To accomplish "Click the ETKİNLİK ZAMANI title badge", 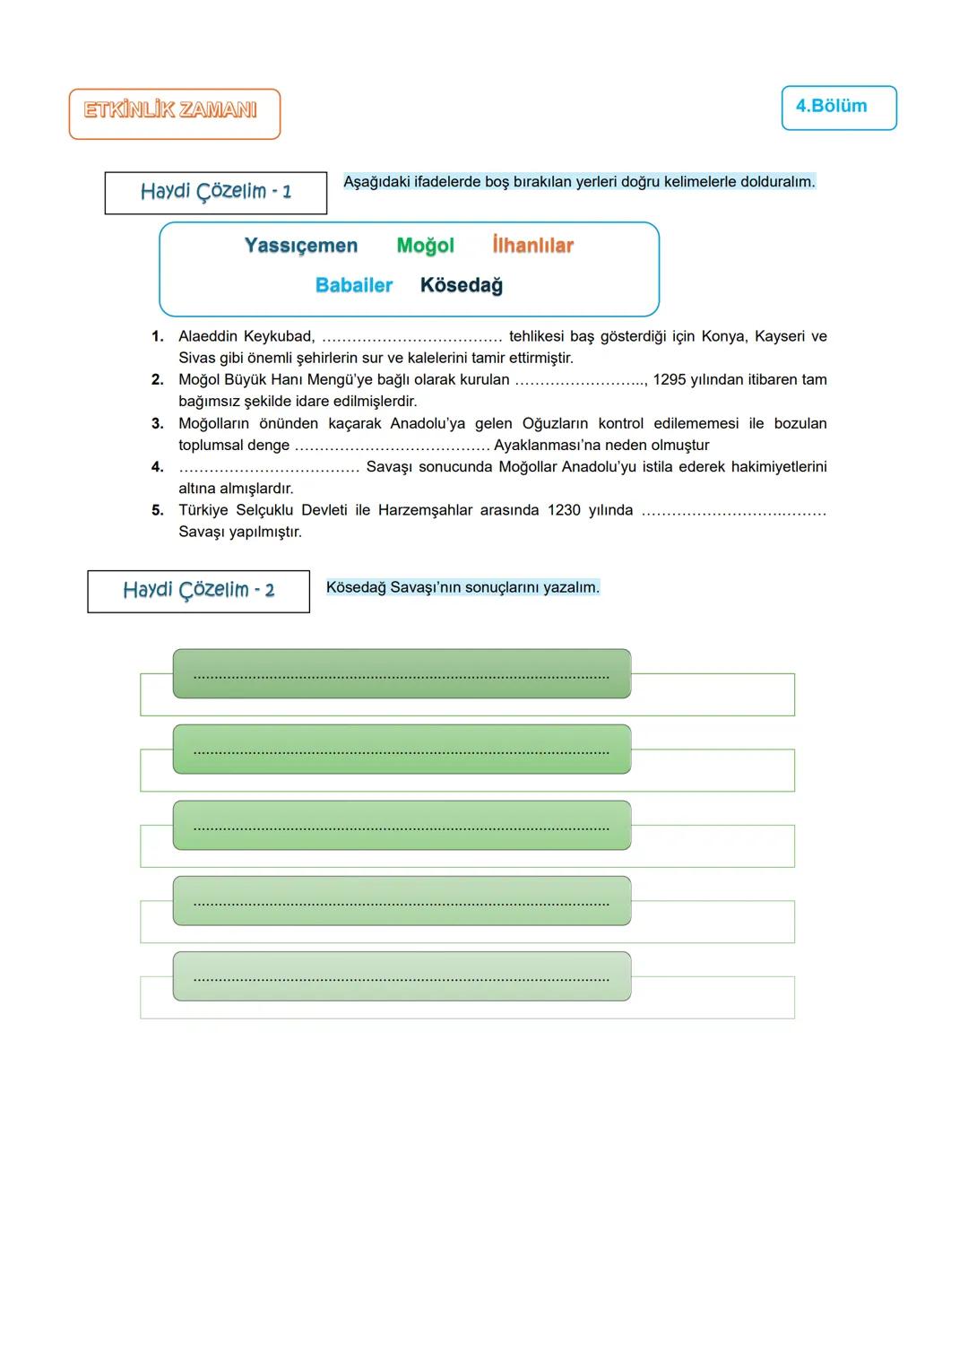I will (x=174, y=113).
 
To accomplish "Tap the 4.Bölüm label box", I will (x=838, y=108).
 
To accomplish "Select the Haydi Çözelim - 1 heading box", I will (x=215, y=192).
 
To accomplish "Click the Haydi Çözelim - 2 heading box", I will (x=198, y=591).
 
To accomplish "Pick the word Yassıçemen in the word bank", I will (x=301, y=246).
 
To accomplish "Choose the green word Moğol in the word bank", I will (x=425, y=246).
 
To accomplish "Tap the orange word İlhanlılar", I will (x=532, y=246).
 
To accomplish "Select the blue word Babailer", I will (x=354, y=285).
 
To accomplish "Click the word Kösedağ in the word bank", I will (x=461, y=285).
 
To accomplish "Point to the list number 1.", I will (x=158, y=336).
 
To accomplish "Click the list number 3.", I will (x=158, y=423).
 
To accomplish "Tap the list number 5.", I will (x=158, y=510).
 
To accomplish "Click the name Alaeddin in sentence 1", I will (x=208, y=336).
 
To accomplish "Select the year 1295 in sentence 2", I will (x=670, y=379).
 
